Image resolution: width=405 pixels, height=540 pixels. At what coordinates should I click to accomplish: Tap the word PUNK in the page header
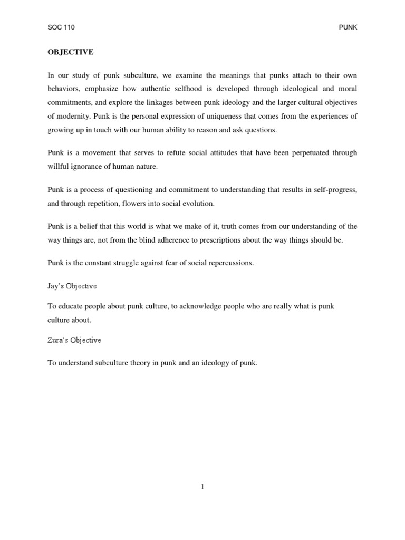(x=348, y=27)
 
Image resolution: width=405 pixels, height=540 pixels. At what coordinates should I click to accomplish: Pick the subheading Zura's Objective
(x=74, y=340)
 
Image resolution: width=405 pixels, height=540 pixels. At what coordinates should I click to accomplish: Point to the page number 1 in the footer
(x=202, y=487)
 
